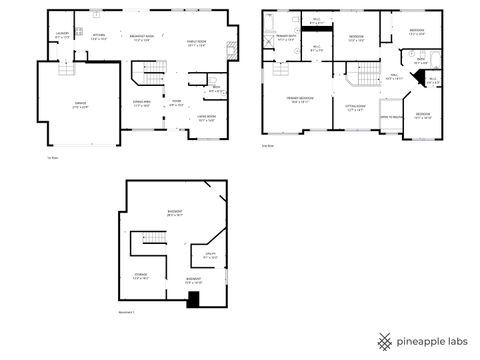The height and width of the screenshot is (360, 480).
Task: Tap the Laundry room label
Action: [62, 37]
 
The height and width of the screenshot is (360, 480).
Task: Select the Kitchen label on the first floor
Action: [99, 37]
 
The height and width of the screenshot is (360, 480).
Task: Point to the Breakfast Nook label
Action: [140, 37]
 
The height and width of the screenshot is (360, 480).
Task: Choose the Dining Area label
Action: [142, 102]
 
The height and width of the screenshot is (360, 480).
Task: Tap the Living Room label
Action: [206, 118]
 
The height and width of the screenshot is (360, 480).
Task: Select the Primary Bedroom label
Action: [299, 99]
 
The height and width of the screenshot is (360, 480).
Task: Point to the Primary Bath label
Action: [286, 37]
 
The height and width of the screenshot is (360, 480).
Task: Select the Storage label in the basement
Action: [141, 276]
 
